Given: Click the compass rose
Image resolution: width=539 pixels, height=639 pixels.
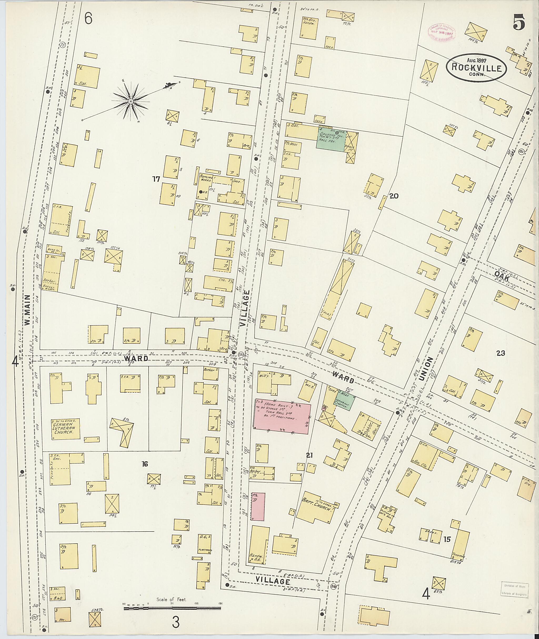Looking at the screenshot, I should [x=131, y=101].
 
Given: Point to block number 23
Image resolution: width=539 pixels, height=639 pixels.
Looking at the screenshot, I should [x=501, y=353].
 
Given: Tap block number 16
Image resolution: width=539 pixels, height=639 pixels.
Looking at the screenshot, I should [x=145, y=464].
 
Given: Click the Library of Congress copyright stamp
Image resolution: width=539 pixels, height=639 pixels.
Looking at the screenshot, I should [x=442, y=32].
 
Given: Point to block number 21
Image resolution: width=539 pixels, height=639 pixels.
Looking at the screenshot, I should [x=310, y=455].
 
